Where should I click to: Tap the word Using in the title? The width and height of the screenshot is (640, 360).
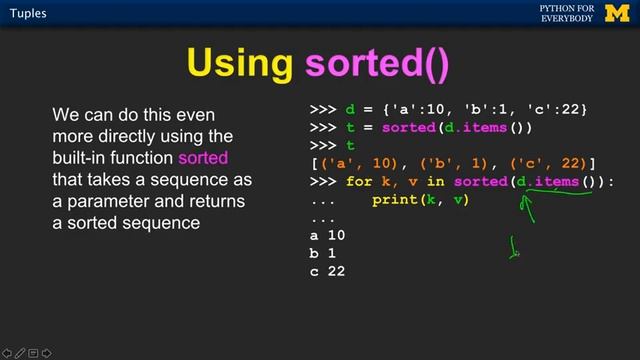tap(240, 63)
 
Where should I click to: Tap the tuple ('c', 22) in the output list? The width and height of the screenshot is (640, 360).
tap(547, 164)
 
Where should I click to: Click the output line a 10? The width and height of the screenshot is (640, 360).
tap(328, 236)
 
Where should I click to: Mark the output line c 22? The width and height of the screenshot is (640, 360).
tap(328, 271)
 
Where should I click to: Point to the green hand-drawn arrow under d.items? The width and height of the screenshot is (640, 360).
tap(527, 206)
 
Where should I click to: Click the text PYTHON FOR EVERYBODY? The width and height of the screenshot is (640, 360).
tap(567, 13)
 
